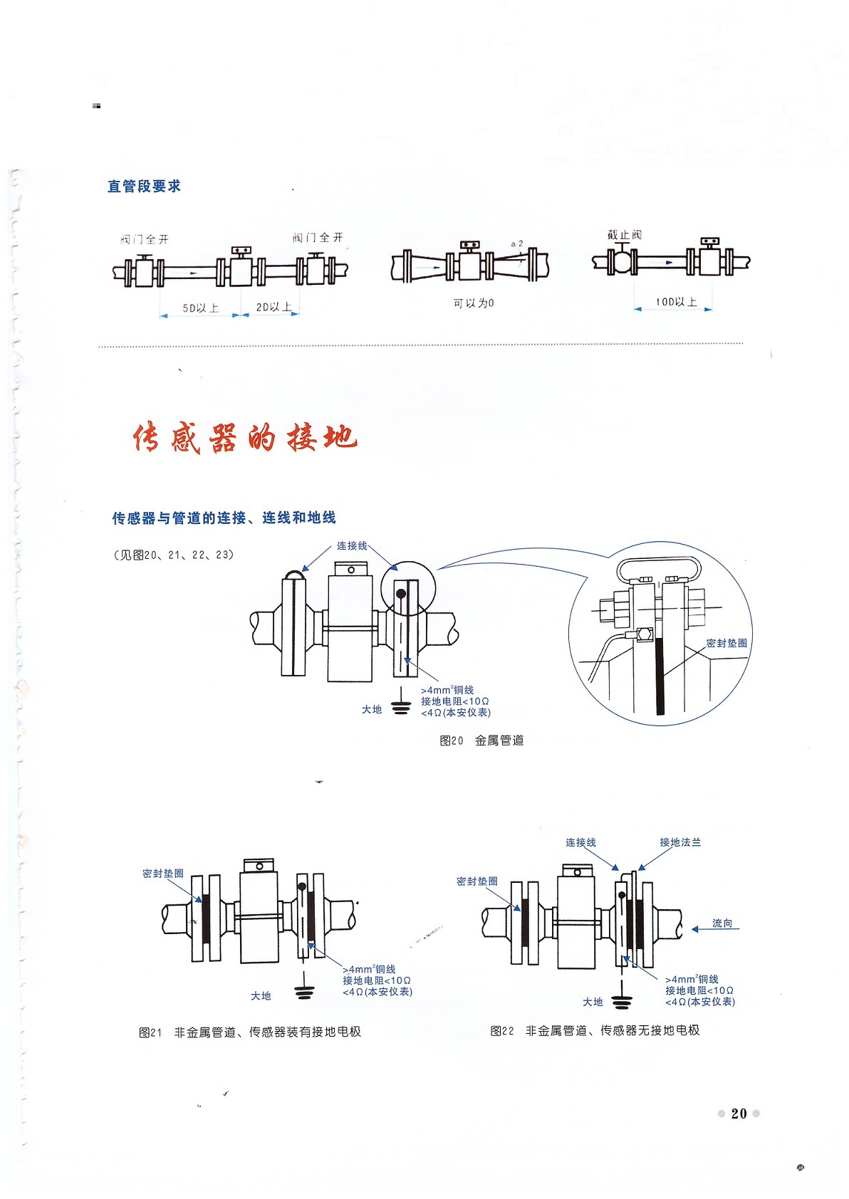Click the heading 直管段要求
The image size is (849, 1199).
(144, 187)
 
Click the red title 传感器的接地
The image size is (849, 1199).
(244, 437)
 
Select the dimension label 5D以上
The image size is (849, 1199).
(200, 308)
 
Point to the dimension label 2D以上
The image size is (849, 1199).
(274, 308)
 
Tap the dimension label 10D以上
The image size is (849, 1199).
(675, 302)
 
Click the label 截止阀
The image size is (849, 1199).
(625, 234)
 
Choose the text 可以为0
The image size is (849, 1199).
(474, 303)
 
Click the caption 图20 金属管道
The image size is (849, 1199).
(481, 740)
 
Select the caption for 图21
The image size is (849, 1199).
(249, 1032)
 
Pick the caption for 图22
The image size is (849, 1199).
(595, 1030)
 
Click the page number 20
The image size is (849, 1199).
(739, 1114)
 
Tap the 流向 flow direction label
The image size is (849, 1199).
(722, 923)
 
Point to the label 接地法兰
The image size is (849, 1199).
(680, 842)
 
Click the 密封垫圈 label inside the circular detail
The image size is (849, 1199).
(726, 643)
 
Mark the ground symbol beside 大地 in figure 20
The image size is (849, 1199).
(401, 707)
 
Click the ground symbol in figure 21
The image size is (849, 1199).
(304, 993)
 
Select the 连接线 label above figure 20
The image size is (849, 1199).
(352, 546)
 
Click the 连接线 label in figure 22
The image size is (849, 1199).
(580, 842)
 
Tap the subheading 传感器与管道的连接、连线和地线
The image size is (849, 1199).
(224, 518)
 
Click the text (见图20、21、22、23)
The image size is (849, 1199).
(174, 555)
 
